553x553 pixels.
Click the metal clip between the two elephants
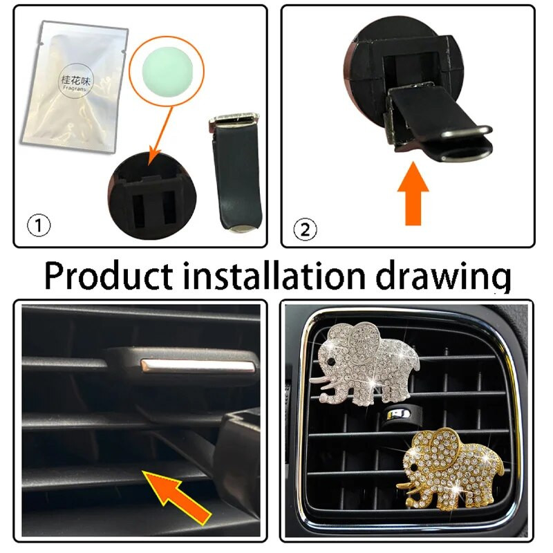[x=397, y=415]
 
